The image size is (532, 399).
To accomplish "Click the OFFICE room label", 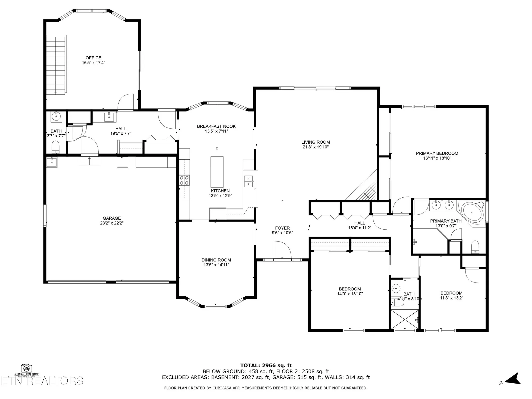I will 93,58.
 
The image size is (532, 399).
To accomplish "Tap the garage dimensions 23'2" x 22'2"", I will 112,223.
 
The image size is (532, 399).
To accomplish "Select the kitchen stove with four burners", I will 184,180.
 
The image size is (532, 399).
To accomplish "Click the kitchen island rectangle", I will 217,172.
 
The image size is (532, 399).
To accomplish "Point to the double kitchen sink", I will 249,181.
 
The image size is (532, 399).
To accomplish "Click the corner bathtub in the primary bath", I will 472,213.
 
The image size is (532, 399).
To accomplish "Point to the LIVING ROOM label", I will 315,142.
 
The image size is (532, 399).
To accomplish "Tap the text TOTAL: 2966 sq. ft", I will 266,365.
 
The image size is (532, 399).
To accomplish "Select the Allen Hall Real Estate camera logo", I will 26,368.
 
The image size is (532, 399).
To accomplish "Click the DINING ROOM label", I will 216,260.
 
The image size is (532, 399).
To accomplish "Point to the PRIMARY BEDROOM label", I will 437,153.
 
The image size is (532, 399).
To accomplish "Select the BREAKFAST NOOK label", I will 216,126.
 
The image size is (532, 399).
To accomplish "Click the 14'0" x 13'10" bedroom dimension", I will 350,294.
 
